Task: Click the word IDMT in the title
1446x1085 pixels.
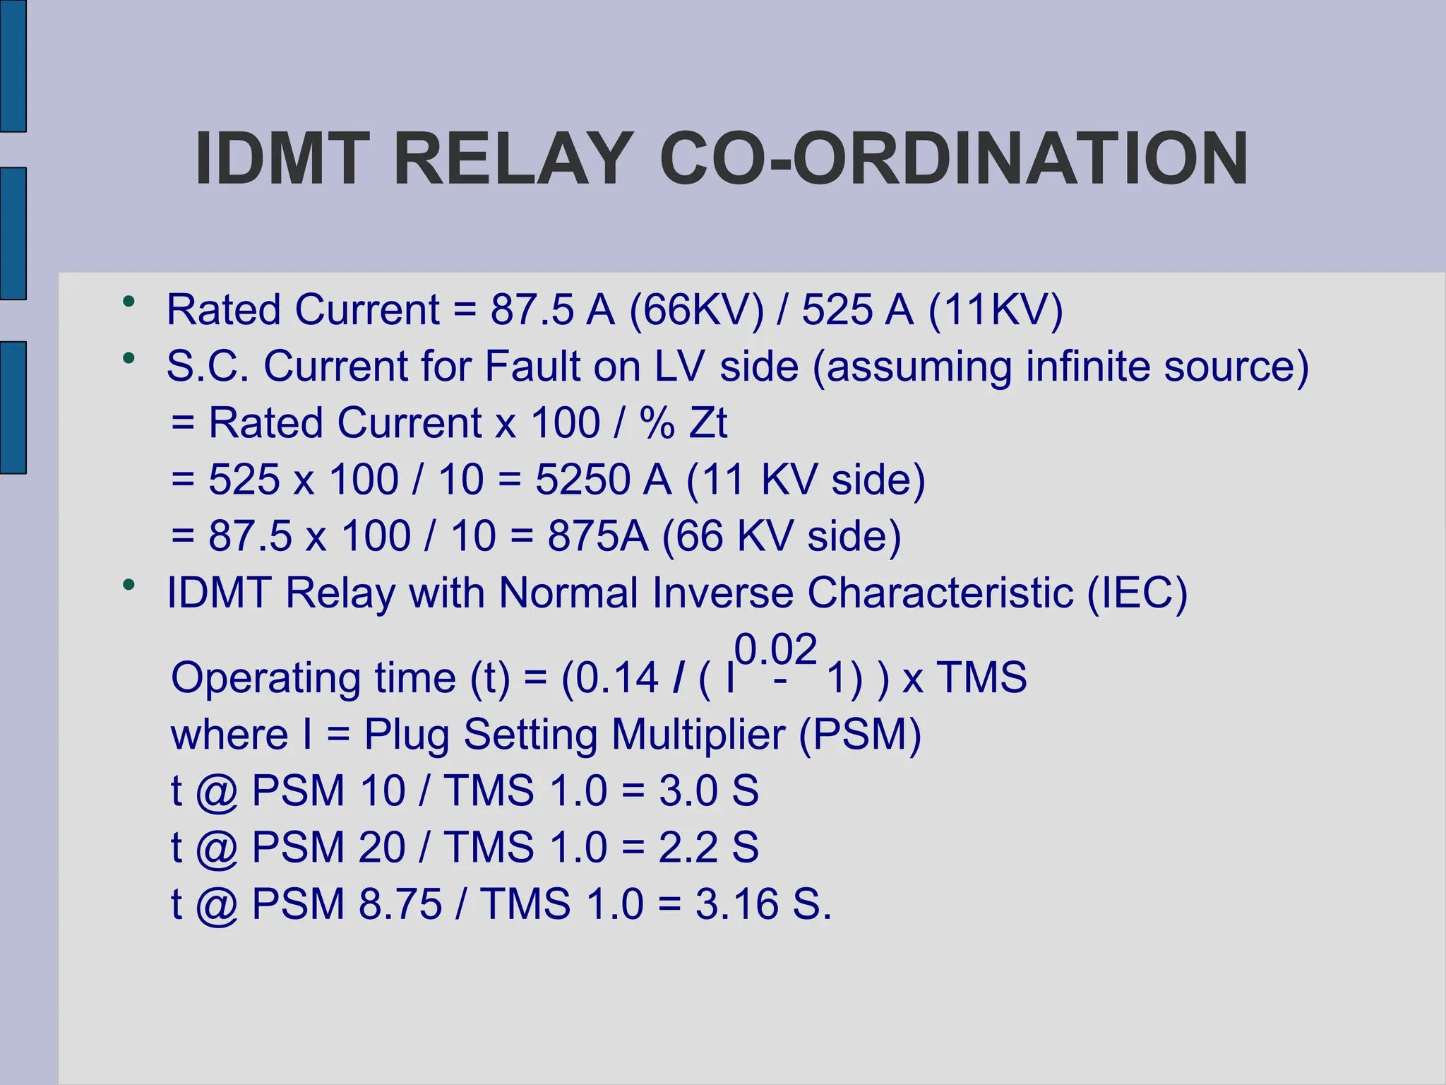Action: click(282, 159)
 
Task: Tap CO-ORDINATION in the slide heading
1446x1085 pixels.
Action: click(954, 159)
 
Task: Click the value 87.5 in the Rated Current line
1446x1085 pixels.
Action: click(532, 310)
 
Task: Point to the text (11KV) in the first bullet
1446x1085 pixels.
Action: click(996, 310)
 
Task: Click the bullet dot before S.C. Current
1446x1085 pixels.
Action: click(128, 358)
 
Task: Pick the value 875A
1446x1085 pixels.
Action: click(597, 536)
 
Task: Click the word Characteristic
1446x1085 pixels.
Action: click(940, 593)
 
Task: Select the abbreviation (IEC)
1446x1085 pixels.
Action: click(1137, 593)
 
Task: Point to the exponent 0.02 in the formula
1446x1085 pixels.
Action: click(775, 649)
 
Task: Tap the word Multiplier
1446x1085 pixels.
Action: click(698, 735)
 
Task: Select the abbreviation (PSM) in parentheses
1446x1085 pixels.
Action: click(860, 735)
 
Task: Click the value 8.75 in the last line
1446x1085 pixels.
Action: click(400, 903)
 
